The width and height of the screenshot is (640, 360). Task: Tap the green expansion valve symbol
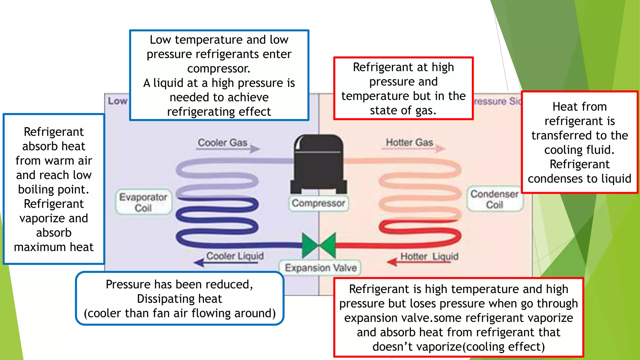(x=319, y=245)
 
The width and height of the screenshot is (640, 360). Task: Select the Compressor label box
(x=318, y=203)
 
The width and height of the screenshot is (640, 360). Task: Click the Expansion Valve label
(x=321, y=268)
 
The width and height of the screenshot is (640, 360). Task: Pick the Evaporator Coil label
(x=143, y=202)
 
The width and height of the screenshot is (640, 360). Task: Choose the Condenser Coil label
(x=494, y=199)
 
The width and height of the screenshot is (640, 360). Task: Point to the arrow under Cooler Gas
(x=228, y=149)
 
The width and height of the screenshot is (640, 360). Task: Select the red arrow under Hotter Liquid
(x=419, y=262)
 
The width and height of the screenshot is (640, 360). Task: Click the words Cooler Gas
(x=222, y=142)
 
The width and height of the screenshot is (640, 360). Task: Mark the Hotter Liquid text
(x=429, y=256)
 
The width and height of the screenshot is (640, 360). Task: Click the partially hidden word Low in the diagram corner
(x=117, y=101)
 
